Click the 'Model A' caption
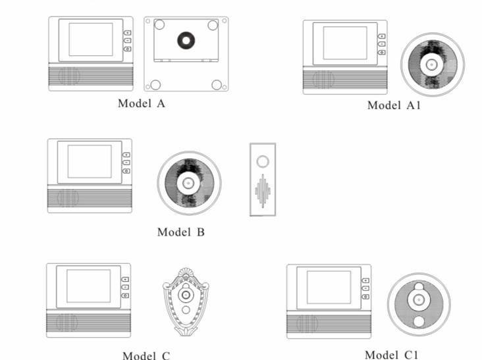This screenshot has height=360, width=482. [142, 103]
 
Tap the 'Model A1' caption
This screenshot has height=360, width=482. [394, 105]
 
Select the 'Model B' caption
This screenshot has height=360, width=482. [180, 232]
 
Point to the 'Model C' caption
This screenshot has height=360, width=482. [146, 355]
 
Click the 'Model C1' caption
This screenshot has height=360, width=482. [391, 355]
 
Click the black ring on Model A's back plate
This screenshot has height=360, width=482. [186, 40]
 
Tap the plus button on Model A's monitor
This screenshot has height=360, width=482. [127, 32]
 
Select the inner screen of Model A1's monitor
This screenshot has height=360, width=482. [345, 43]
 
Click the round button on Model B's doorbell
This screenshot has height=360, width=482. [263, 161]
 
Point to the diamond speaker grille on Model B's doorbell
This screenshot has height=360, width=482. [263, 191]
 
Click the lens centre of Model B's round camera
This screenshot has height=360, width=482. [188, 184]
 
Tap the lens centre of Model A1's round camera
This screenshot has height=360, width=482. [431, 64]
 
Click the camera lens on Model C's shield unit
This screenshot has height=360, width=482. [186, 295]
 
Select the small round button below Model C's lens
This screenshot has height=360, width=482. [186, 310]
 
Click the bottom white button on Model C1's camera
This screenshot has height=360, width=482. [419, 322]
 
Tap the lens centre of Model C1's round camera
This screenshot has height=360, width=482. [418, 299]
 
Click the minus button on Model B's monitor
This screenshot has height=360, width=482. [126, 163]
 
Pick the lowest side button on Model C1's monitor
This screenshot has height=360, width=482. [365, 297]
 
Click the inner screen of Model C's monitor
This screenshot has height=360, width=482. [88, 286]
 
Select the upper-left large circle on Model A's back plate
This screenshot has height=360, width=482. [159, 24]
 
